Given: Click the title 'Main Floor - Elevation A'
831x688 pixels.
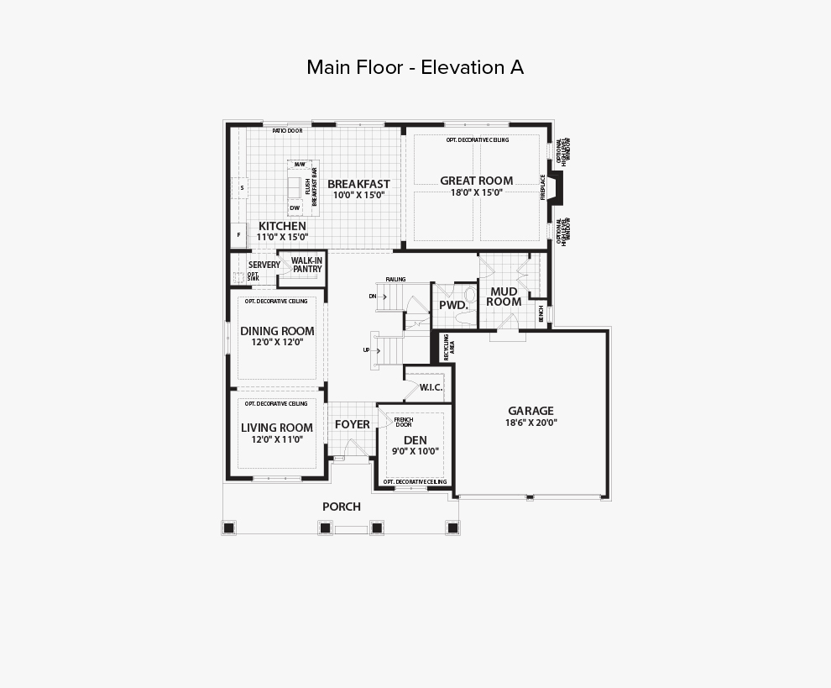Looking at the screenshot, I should click(x=415, y=67).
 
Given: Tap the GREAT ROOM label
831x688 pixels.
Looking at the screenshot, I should click(x=477, y=181).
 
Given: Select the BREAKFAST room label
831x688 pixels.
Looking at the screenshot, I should click(x=358, y=184).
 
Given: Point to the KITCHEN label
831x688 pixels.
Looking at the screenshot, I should click(x=282, y=226).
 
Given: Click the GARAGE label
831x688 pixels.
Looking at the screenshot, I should click(x=530, y=411).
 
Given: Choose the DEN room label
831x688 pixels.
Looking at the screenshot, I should click(x=415, y=440).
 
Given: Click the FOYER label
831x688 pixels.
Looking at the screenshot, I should click(x=352, y=424).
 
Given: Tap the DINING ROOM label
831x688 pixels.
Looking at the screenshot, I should click(x=277, y=331).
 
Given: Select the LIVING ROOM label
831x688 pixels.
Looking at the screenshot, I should click(x=277, y=428).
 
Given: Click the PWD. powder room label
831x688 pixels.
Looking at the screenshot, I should click(x=453, y=305).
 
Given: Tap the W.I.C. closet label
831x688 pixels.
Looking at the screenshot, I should click(x=431, y=387).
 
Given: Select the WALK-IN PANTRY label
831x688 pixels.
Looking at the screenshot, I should click(x=307, y=265).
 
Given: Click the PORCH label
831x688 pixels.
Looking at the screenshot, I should click(x=342, y=507).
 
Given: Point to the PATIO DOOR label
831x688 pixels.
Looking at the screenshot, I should click(x=287, y=131).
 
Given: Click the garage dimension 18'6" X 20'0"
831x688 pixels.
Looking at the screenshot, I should click(x=530, y=423).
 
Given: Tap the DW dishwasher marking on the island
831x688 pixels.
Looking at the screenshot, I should click(x=295, y=207).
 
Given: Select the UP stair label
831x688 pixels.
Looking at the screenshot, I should click(x=367, y=349).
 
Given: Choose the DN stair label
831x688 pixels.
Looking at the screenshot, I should click(x=372, y=297).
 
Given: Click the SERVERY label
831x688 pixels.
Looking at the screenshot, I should click(x=264, y=265).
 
